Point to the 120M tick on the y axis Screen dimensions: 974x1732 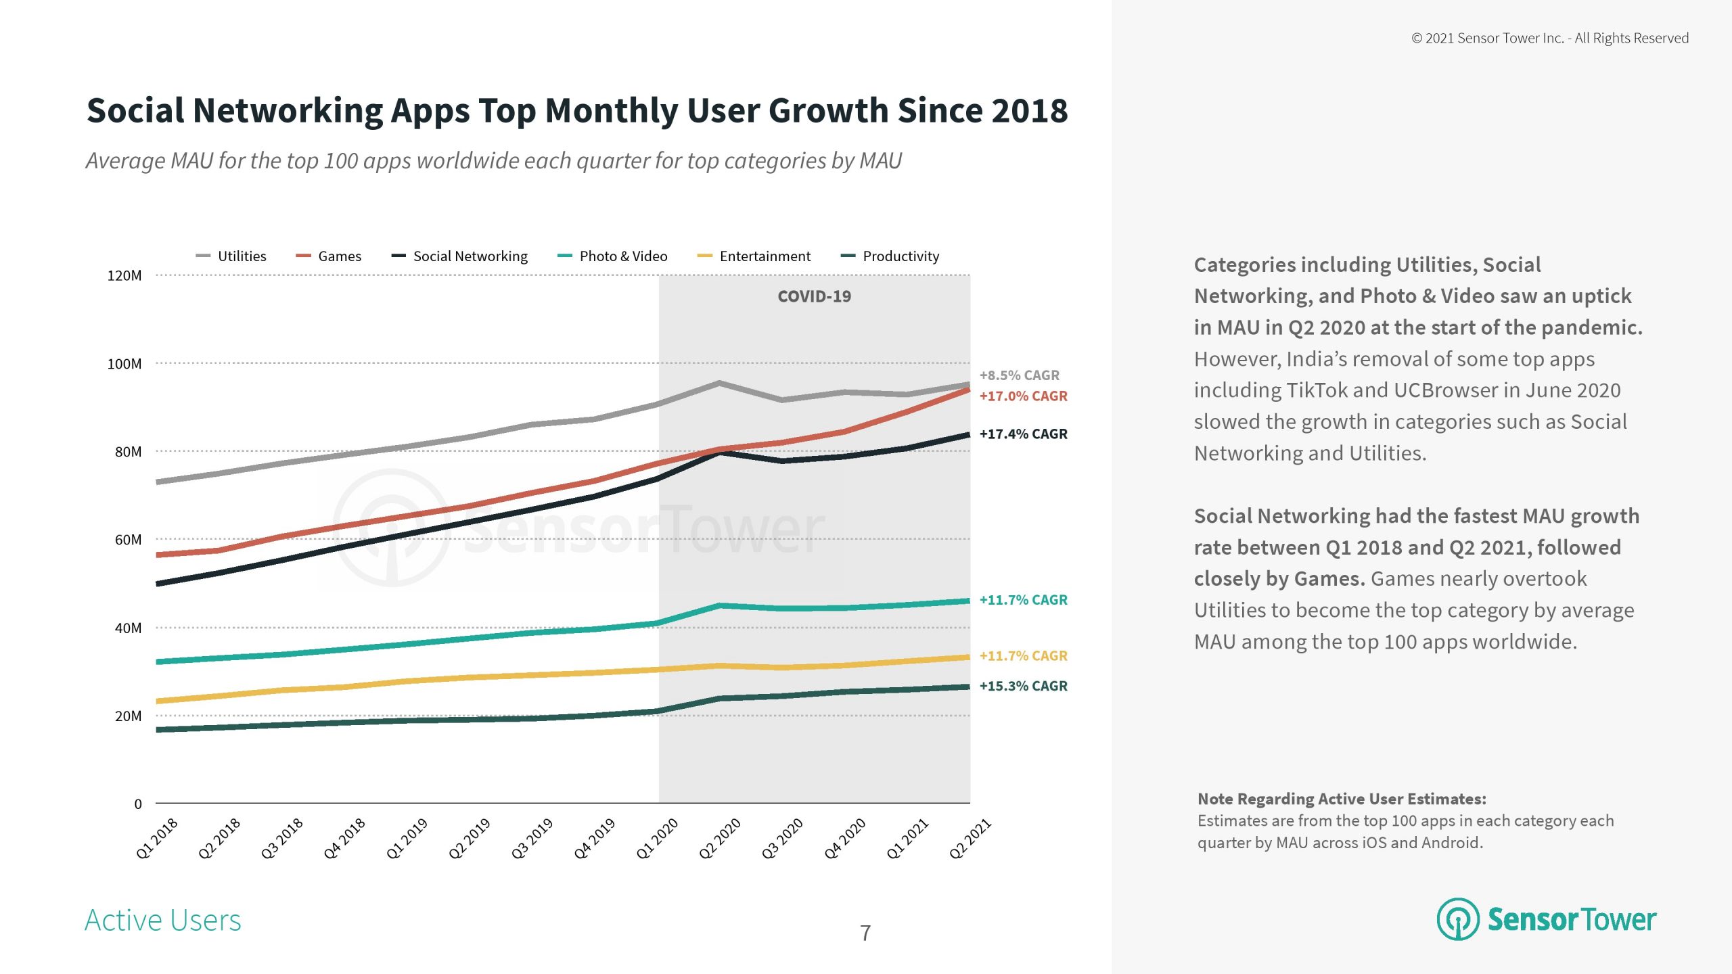(124, 276)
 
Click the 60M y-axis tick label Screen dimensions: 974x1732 (128, 540)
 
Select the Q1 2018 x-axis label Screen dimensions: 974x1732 (157, 838)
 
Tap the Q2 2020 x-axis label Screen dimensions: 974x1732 (720, 838)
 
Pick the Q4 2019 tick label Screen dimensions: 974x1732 (595, 838)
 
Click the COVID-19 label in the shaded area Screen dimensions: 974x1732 (814, 296)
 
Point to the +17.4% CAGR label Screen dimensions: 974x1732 (1023, 434)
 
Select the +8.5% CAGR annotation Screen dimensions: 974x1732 (1019, 375)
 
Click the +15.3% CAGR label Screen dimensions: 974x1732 (1023, 686)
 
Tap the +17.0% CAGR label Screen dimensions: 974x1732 (1023, 396)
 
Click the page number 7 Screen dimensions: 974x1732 (865, 933)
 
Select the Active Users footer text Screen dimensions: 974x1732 (162, 921)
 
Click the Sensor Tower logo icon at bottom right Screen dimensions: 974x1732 (1457, 919)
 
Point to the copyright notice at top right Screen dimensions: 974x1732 (1549, 39)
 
